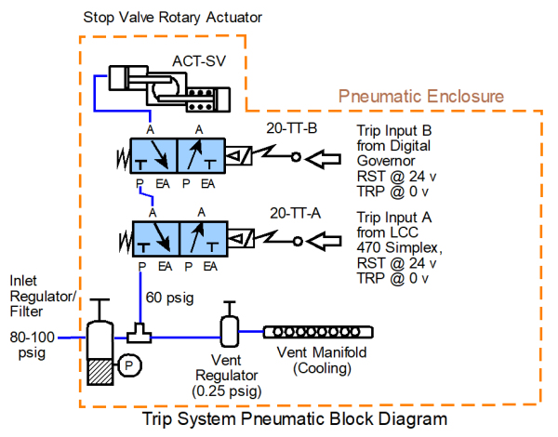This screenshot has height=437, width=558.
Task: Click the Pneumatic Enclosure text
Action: coord(421,96)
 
